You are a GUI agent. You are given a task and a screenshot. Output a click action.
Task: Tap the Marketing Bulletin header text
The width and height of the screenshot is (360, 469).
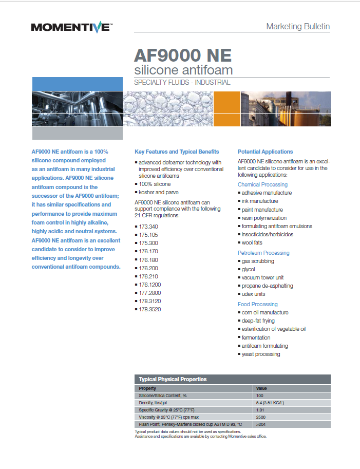click(298, 26)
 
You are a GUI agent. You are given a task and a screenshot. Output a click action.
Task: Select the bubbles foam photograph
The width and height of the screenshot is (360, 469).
click(168, 108)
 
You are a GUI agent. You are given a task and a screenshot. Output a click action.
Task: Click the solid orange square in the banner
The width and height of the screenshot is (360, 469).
click(226, 108)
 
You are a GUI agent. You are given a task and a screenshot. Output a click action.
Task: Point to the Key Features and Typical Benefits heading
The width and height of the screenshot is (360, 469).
click(177, 152)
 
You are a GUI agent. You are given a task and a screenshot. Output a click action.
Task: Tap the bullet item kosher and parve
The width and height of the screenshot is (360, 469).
click(157, 192)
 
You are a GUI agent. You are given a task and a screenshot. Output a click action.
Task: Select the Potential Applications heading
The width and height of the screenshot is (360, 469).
click(265, 152)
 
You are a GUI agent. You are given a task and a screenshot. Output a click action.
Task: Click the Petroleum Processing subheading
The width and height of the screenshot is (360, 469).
click(263, 253)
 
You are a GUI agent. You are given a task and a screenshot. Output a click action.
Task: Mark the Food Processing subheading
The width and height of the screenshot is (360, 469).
click(257, 304)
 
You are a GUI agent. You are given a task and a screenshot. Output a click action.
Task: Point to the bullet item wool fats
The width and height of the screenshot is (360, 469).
click(252, 242)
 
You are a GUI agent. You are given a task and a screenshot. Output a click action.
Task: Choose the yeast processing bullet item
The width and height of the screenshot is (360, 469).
click(261, 354)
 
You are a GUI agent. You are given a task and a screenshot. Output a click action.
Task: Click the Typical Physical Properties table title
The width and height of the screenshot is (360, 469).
click(173, 379)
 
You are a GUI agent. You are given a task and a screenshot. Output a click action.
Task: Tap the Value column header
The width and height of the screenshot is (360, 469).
click(261, 388)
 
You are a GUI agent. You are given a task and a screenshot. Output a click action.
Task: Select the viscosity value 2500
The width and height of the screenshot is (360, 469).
click(261, 417)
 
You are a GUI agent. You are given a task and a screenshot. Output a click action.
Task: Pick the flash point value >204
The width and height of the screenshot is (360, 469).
click(260, 424)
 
